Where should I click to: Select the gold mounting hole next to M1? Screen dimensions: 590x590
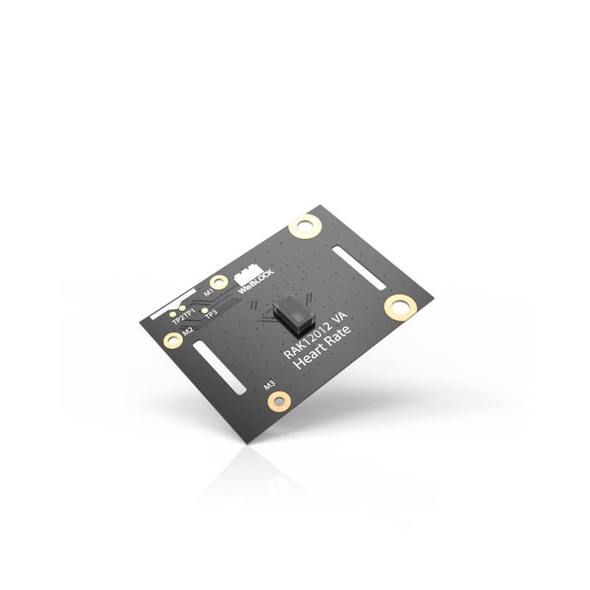click(x=219, y=282)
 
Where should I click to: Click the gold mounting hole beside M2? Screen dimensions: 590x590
click(x=173, y=339)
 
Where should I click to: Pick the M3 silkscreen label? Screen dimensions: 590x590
click(x=270, y=385)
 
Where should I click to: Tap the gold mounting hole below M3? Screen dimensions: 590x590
click(x=279, y=400)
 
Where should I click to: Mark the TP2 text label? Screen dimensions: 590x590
click(x=177, y=319)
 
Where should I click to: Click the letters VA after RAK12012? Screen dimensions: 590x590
click(x=341, y=319)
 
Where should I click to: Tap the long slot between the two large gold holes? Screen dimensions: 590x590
click(x=358, y=267)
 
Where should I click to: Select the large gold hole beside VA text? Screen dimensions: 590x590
click(x=400, y=306)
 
